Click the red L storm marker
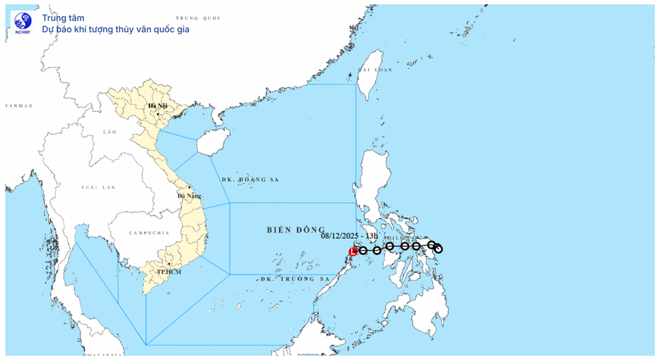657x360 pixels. click(x=353, y=251)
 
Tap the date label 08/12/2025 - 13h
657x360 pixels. click(x=350, y=236)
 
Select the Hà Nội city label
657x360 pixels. click(x=158, y=107)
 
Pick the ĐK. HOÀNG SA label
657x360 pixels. click(x=251, y=180)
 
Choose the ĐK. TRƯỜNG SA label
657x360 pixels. click(x=296, y=279)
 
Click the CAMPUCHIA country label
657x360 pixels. click(x=148, y=233)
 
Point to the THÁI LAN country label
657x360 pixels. click(x=98, y=188)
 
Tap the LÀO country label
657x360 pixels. click(x=110, y=131)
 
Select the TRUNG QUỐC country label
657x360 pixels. click(x=203, y=17)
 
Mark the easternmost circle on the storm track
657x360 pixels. click(x=438, y=249)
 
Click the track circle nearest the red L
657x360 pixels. click(x=363, y=250)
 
